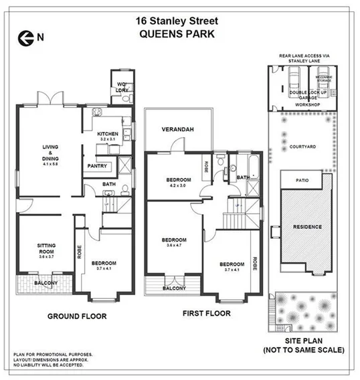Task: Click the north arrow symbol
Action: [26, 38]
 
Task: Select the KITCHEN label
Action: [108, 134]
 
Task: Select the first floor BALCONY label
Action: [174, 288]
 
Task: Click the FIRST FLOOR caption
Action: [206, 312]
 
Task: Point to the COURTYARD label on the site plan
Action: [305, 147]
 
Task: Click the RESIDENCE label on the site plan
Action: [307, 227]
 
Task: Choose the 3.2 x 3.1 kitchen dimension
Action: [108, 139]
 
